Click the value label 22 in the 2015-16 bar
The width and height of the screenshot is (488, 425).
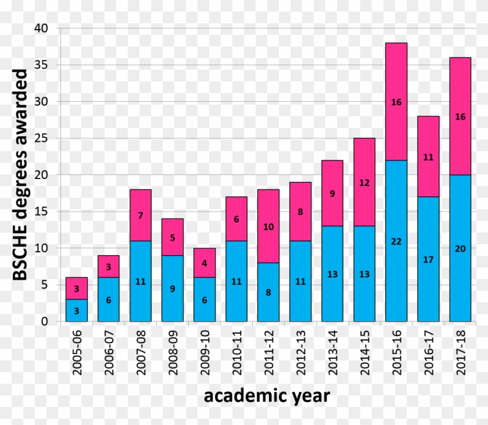point(396,241)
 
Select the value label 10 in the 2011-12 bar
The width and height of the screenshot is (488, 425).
point(268,227)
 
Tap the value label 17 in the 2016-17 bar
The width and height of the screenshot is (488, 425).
point(428,259)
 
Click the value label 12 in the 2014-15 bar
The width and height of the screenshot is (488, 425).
point(364,183)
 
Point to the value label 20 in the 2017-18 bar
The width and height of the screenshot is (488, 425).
point(460,248)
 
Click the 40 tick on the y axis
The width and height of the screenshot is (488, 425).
point(45,28)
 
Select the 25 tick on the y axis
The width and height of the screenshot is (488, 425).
point(45,138)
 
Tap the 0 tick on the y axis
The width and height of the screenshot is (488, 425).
point(48,322)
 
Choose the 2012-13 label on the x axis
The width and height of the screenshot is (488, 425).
point(301,353)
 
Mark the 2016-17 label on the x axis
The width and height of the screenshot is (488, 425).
point(429,353)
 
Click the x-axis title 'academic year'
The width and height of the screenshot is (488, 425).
point(267,397)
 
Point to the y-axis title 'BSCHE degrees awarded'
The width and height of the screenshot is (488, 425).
point(21,174)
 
